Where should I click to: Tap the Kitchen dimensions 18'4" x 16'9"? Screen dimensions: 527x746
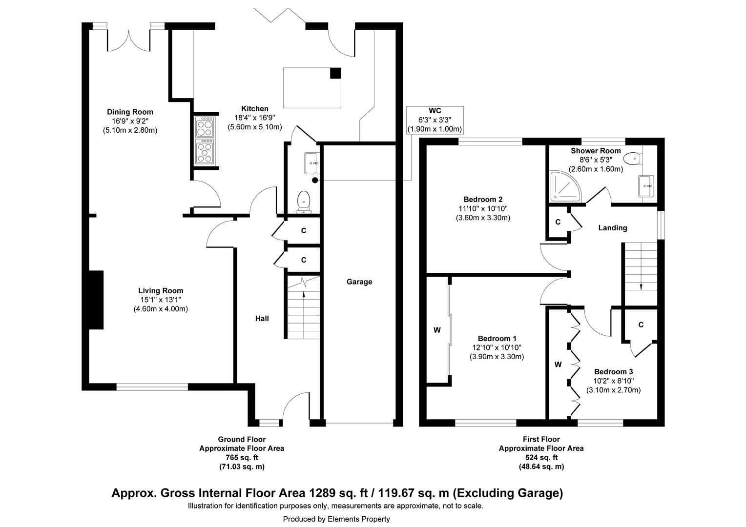click(x=254, y=118)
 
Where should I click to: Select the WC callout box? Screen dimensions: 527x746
click(x=435, y=120)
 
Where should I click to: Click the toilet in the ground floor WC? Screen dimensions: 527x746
click(x=304, y=202)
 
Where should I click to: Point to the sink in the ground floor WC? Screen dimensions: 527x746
click(x=311, y=163)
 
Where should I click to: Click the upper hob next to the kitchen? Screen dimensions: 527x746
click(x=204, y=127)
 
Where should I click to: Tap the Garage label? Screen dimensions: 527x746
click(x=359, y=282)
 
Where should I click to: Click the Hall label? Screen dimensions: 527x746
click(x=262, y=319)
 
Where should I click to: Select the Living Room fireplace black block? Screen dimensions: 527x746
click(x=96, y=300)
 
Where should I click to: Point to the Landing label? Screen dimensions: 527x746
click(x=613, y=228)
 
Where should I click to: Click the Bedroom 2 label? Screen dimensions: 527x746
click(x=482, y=199)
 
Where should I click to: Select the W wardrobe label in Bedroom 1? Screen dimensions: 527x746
click(x=437, y=330)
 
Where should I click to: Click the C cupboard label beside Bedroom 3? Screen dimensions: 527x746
click(x=641, y=324)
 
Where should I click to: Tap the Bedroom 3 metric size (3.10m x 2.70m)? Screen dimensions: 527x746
click(x=613, y=390)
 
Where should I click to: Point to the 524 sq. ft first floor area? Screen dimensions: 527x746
click(x=540, y=457)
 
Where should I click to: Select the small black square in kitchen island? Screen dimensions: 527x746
click(x=335, y=73)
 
